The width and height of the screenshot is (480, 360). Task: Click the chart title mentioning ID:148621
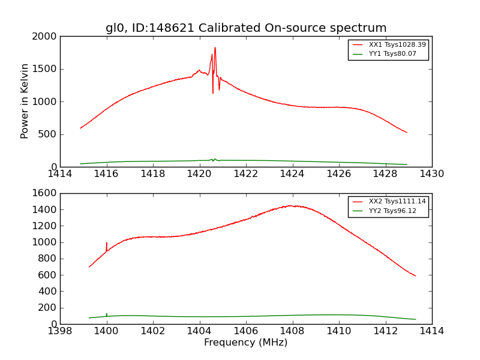pyautogui.click(x=246, y=28)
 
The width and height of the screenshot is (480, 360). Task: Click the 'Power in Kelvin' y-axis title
pyautogui.click(x=25, y=101)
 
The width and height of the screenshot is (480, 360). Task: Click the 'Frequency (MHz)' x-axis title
pyautogui.click(x=245, y=343)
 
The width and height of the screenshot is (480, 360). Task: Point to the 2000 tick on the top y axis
pyautogui.click(x=46, y=37)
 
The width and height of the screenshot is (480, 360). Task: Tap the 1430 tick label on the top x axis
pyautogui.click(x=431, y=174)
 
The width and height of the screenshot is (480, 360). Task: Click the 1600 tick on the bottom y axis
pyautogui.click(x=46, y=194)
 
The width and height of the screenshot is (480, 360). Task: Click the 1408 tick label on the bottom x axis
pyautogui.click(x=292, y=331)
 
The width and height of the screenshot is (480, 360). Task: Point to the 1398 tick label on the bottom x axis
pyautogui.click(x=60, y=331)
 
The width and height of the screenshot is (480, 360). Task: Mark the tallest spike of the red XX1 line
pyautogui.click(x=215, y=48)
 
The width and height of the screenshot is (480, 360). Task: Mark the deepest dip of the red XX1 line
pyautogui.click(x=212, y=92)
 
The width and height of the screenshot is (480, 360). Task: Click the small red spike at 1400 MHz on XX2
pyautogui.click(x=107, y=243)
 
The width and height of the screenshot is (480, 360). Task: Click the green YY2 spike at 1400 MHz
pyautogui.click(x=107, y=313)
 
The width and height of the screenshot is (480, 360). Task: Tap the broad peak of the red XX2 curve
pyautogui.click(x=290, y=206)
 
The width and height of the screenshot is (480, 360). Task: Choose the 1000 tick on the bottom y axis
pyautogui.click(x=46, y=242)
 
